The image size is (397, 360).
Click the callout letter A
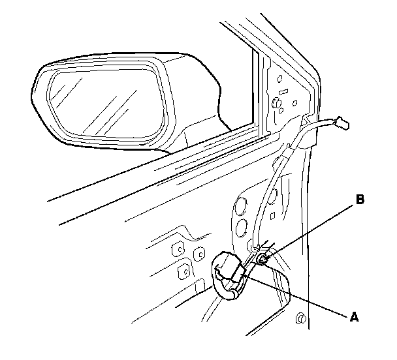(354, 318)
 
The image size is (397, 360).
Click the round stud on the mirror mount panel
(276, 103)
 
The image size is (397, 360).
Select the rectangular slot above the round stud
(279, 87)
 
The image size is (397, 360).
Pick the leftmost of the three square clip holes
(176, 249)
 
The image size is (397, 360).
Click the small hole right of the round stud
(295, 102)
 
